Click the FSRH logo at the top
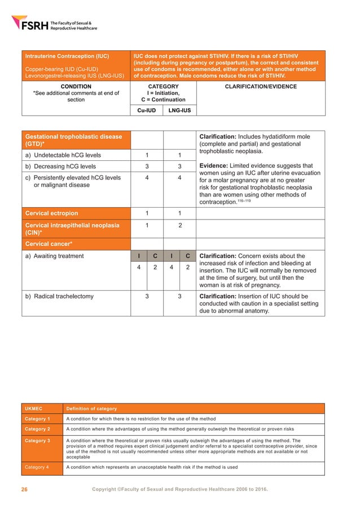[x=54, y=24]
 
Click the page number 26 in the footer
[x=24, y=489]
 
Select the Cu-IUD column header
[x=147, y=110]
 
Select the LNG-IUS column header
[x=179, y=110]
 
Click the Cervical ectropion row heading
[x=51, y=213]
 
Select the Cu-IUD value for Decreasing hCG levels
[x=147, y=166]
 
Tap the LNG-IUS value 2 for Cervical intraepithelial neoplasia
[x=179, y=225]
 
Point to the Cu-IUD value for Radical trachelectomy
[x=147, y=296]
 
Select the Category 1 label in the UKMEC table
[x=37, y=419]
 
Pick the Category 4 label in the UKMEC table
[x=37, y=467]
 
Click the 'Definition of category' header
[x=91, y=408]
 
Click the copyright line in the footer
[x=179, y=489]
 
